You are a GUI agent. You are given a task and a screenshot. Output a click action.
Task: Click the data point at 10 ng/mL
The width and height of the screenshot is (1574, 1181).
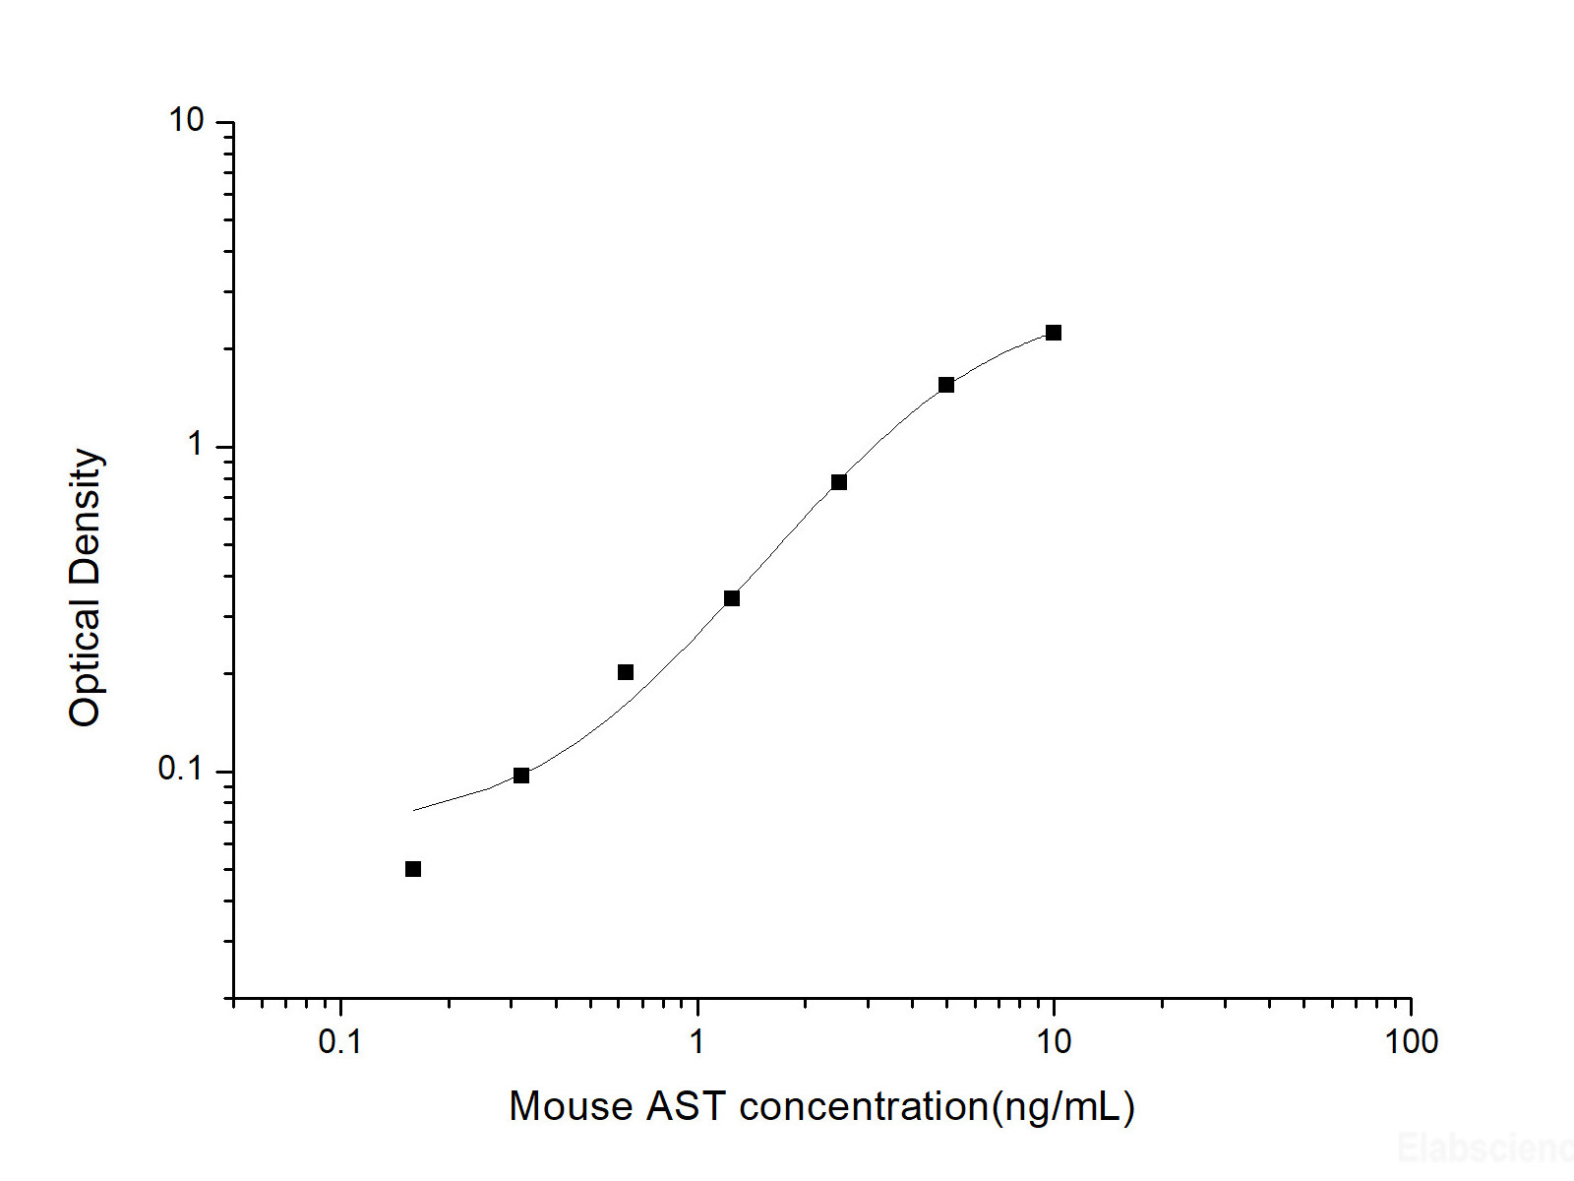1054,333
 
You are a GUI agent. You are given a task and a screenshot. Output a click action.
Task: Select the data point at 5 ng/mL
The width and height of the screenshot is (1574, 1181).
946,385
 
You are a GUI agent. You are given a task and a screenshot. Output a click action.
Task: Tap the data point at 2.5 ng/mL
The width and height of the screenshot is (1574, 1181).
839,482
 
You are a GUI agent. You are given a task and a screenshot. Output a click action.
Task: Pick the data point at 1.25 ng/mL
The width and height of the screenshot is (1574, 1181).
732,598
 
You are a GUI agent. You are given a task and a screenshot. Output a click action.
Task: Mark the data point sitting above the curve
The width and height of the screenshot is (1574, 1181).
626,672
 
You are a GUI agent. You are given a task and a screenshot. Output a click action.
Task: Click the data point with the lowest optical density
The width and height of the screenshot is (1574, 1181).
413,869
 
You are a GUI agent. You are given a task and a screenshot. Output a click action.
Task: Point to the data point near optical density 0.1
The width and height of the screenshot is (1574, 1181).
521,776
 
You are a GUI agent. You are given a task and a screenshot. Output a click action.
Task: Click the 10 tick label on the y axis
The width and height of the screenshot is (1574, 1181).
186,120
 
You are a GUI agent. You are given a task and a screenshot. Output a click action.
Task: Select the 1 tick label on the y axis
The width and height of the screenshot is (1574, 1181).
195,445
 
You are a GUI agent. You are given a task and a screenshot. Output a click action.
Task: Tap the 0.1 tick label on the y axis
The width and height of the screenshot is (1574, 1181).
180,769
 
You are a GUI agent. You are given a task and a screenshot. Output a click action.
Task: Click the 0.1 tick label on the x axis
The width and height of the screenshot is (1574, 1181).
339,1041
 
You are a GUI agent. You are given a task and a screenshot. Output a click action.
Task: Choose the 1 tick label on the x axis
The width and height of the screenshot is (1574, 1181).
696,1041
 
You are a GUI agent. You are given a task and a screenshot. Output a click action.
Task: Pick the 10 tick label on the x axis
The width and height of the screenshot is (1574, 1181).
1054,1041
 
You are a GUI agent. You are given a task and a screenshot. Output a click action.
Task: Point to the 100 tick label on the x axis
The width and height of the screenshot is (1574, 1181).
1411,1041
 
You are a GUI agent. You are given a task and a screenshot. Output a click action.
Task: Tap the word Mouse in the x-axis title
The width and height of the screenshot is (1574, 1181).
571,1107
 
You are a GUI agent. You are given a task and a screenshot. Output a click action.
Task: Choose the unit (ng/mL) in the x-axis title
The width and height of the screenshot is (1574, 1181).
1063,1108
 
